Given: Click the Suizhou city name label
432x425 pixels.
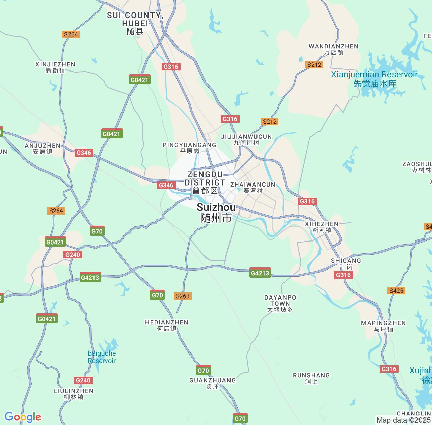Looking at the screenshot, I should (216, 213).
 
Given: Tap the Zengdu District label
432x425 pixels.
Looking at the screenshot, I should (205, 182).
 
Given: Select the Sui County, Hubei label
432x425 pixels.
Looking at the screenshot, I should (135, 23).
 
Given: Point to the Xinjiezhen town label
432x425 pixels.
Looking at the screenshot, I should (55, 67).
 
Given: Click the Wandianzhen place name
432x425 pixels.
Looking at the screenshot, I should (333, 49).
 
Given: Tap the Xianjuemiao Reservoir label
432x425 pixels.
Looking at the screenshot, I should (374, 79).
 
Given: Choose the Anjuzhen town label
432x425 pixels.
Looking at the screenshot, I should (43, 148).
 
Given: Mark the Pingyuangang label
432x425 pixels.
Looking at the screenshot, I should (189, 148).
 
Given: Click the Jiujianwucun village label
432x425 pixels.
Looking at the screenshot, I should (246, 139).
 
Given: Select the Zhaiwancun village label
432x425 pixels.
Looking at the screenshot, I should (253, 187).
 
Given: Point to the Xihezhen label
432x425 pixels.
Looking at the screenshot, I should (322, 227).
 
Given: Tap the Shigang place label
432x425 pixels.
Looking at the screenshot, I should (346, 263).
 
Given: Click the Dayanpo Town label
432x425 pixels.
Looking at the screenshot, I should (280, 303).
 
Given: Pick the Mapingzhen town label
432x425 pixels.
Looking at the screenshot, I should (383, 326).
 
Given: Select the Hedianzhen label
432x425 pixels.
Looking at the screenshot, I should (167, 325).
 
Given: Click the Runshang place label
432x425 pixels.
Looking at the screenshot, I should (311, 378).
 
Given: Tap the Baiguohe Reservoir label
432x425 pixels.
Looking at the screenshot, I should (102, 357).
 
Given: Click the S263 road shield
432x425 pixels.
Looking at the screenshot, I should (183, 296).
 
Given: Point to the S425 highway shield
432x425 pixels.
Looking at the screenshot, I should (396, 291).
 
